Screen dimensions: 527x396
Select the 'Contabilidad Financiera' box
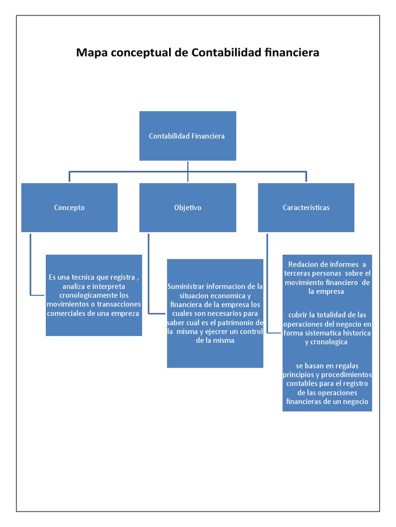[187, 136]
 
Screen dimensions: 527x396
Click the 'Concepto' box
[69, 207]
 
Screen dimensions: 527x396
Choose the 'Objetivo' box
[188, 207]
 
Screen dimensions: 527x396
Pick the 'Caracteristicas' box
[306, 207]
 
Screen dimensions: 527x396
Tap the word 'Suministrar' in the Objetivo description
[186, 286]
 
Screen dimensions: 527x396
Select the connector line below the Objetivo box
[148, 273]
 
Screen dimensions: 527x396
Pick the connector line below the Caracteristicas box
[267, 283]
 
